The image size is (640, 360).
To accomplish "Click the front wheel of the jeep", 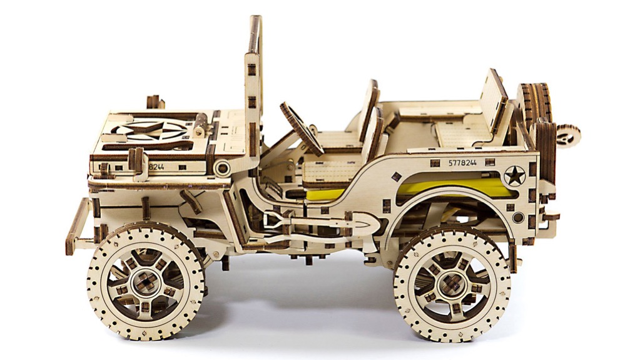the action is (x=146, y=282).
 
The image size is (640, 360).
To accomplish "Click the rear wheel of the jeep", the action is (x=452, y=283).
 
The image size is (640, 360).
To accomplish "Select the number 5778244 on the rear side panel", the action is (x=462, y=163).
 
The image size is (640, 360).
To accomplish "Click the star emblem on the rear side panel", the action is (x=514, y=177).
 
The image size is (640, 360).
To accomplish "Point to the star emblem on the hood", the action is (x=150, y=131).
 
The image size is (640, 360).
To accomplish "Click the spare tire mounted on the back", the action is (x=534, y=104).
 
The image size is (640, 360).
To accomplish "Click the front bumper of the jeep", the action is (x=78, y=226).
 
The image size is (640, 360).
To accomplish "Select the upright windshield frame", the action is (x=253, y=86).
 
